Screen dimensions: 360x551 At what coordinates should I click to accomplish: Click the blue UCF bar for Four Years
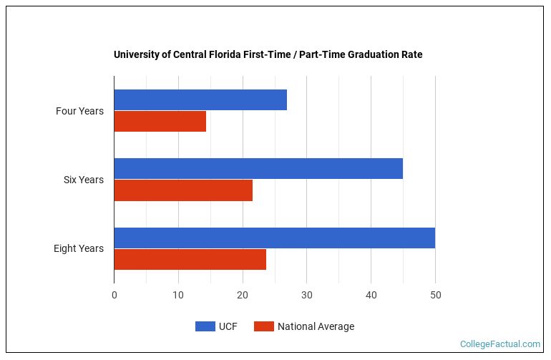tap(200, 100)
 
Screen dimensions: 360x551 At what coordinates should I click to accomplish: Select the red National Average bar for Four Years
tap(160, 122)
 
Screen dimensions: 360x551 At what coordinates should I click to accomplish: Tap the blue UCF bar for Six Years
tap(258, 169)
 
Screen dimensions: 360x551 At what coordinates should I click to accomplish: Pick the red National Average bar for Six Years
tap(183, 190)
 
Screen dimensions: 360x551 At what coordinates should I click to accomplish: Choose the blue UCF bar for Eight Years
tap(274, 238)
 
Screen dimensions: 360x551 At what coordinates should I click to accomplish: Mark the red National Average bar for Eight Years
tap(190, 259)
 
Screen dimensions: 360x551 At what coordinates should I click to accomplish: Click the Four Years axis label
tap(79, 111)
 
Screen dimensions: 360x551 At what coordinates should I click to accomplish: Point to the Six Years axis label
tap(83, 180)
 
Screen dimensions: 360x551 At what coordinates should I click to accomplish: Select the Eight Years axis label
tap(78, 248)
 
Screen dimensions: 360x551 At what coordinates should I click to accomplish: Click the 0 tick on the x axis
tap(114, 295)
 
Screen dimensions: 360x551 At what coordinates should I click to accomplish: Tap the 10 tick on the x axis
tap(178, 295)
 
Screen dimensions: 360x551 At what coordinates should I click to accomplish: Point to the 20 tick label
tap(243, 295)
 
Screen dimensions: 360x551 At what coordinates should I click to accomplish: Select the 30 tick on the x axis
tap(307, 295)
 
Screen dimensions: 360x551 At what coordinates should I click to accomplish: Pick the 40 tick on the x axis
tap(371, 295)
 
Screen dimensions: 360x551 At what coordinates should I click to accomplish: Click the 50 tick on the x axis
tap(435, 295)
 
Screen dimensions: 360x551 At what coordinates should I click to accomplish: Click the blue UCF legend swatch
tap(205, 326)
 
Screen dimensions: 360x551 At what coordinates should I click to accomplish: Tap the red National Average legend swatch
tap(264, 326)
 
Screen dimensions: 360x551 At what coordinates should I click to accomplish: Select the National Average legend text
tap(316, 326)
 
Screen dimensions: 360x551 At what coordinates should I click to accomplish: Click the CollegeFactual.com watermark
tap(499, 344)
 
